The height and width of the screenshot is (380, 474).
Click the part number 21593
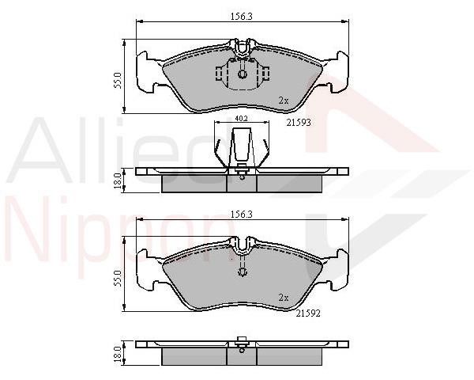point(299,123)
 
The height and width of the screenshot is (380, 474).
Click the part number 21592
point(308,313)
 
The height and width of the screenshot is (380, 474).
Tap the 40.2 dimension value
point(241,119)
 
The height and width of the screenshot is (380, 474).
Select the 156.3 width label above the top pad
point(242,17)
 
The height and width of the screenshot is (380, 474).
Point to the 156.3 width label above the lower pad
point(242,215)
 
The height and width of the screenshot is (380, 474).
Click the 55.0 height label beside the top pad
point(117,80)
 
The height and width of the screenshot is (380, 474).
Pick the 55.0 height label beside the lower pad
point(117,279)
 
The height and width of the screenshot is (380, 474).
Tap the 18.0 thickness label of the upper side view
point(117,181)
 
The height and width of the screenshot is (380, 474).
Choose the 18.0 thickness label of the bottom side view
point(117,354)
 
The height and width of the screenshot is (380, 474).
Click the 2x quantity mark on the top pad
point(284,101)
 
